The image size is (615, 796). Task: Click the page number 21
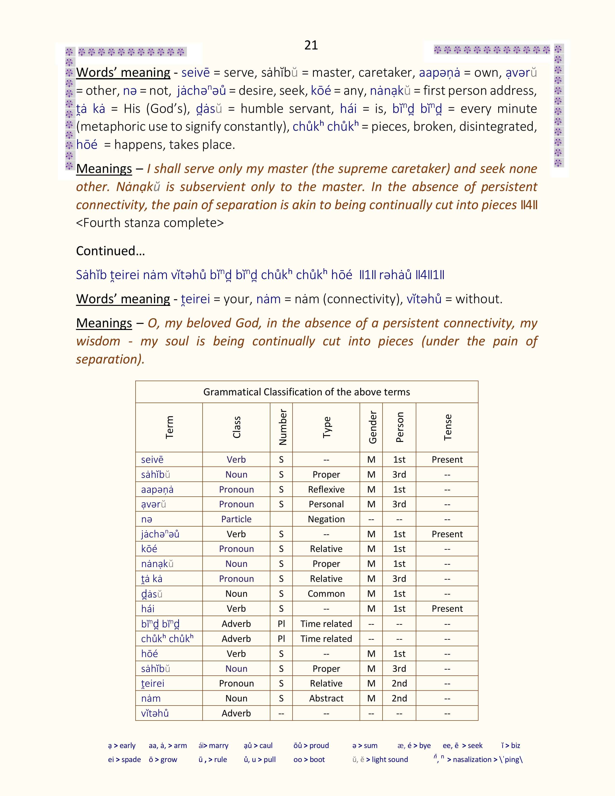coord(311,45)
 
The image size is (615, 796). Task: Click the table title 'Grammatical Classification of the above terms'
coord(306,392)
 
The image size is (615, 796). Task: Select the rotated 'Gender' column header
coord(372,427)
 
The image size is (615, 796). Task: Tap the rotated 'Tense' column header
coord(447,427)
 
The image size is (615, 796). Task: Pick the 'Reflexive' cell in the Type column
coord(326,489)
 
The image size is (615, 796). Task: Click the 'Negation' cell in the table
coord(326,519)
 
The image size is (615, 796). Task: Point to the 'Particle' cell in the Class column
coord(236,519)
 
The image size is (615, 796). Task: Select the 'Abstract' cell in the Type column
coord(326,698)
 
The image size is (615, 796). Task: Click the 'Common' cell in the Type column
coord(326,594)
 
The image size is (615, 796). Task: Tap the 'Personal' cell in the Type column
coord(326,504)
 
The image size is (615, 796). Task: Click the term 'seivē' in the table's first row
coord(152,460)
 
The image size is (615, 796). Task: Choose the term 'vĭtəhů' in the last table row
coord(155,713)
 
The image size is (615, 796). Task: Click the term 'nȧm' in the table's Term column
coord(151,698)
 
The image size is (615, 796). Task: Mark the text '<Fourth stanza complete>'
coord(150,223)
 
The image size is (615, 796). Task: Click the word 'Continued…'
coord(110,251)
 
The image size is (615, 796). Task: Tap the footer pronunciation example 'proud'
coord(319,745)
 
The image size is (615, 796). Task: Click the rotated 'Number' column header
coord(282,427)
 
